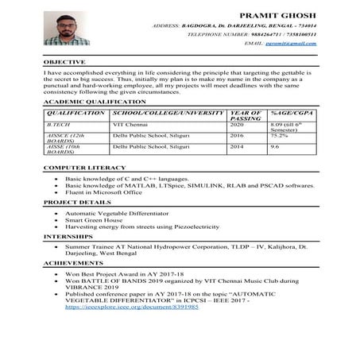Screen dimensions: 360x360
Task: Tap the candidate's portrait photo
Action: pyautogui.click(x=66, y=29)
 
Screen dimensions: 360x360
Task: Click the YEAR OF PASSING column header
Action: pyautogui.click(x=242, y=116)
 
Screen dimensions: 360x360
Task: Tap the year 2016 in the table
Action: pyautogui.click(x=237, y=136)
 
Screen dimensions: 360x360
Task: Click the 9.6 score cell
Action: pyautogui.click(x=275, y=147)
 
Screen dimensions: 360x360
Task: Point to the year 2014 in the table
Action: pyautogui.click(x=237, y=147)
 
